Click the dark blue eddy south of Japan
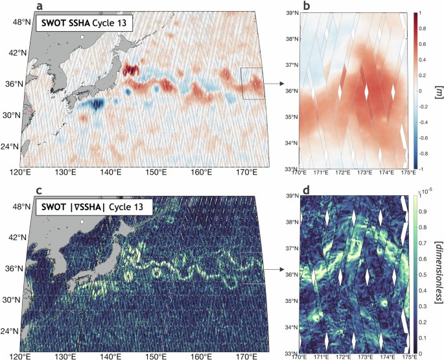click(x=95, y=104)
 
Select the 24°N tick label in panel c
click(x=14, y=331)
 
